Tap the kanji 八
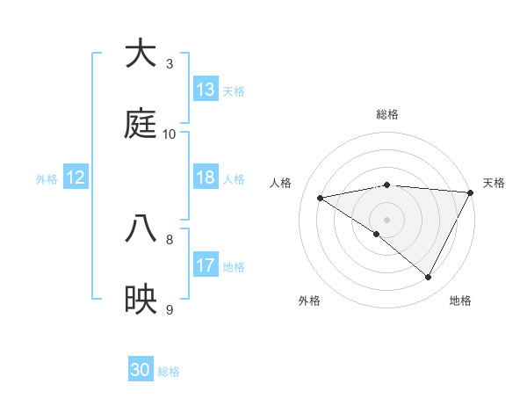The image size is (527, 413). (x=141, y=228)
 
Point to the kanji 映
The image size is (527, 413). (x=141, y=299)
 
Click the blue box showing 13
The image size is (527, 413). (x=206, y=90)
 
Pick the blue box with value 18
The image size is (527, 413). (x=206, y=178)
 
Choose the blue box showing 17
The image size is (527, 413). (x=206, y=265)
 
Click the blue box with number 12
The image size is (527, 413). (x=76, y=178)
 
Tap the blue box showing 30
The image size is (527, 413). (x=141, y=370)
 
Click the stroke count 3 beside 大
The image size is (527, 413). (x=170, y=64)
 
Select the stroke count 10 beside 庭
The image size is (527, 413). (x=170, y=134)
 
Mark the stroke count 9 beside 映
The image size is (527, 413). (x=170, y=310)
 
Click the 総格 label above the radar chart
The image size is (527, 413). (x=386, y=114)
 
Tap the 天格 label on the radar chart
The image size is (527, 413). (x=494, y=183)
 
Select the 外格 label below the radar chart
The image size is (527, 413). (x=309, y=301)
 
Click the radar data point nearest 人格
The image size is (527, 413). (x=321, y=198)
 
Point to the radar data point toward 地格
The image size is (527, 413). (x=429, y=278)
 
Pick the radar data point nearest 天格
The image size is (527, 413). (x=471, y=192)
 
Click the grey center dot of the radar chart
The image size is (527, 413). (x=386, y=219)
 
